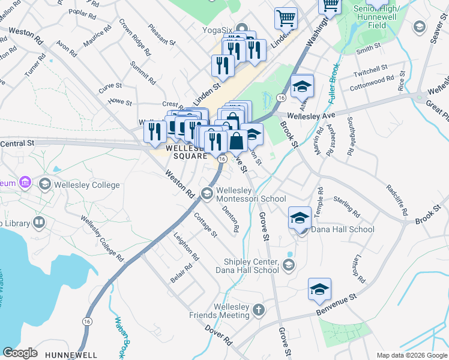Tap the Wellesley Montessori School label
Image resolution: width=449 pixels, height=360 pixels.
250,194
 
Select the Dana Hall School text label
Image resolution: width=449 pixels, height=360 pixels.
343,229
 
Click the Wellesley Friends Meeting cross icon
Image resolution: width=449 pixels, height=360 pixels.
258,310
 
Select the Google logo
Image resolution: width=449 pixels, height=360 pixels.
20,353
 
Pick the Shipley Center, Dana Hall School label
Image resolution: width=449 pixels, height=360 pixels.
251,266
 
